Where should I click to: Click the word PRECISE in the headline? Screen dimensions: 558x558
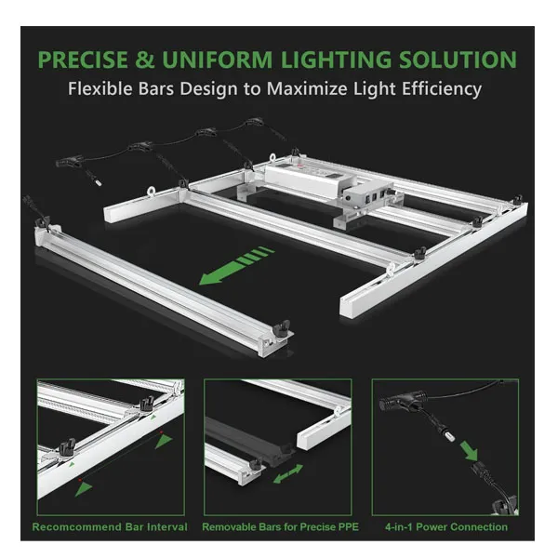click(x=83, y=60)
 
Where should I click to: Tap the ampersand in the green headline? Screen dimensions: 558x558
click(x=144, y=60)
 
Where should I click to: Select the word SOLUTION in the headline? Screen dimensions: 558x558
click(x=458, y=60)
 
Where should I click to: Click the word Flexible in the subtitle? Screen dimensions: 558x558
click(x=100, y=88)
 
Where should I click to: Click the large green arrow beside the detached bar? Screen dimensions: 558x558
click(x=236, y=265)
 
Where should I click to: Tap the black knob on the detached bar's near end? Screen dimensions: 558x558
click(x=281, y=328)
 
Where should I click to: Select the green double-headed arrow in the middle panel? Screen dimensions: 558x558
click(x=288, y=473)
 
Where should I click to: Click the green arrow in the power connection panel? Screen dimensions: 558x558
click(x=469, y=450)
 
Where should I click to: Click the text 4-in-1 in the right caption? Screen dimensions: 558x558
click(x=399, y=526)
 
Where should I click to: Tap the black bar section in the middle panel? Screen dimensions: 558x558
click(x=249, y=438)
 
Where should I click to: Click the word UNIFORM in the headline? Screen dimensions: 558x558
click(x=218, y=60)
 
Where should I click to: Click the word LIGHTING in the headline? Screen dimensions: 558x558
click(x=337, y=60)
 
